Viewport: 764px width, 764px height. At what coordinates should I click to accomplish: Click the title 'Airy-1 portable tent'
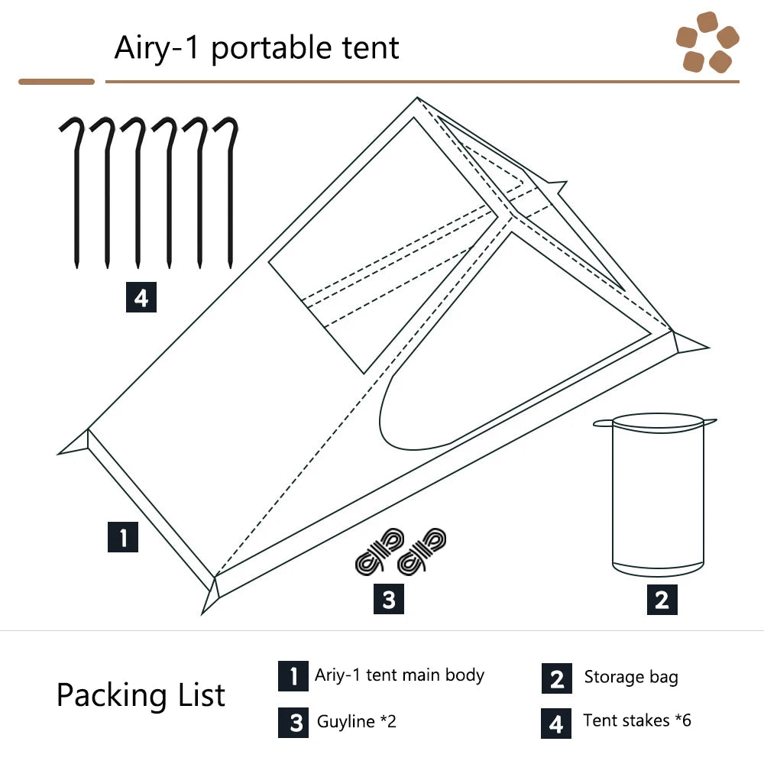click(257, 48)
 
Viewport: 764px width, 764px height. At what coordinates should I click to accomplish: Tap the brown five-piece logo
click(707, 42)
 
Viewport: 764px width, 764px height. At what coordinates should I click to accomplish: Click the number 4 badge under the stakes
click(141, 297)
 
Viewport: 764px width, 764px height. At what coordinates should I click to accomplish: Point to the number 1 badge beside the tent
click(123, 537)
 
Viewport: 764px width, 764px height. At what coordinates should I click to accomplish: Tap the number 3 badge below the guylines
click(389, 599)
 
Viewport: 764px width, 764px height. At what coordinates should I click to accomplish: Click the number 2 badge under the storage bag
click(662, 599)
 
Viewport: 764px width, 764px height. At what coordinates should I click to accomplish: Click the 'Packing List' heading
click(141, 695)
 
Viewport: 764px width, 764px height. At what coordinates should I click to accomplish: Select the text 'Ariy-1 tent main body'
click(400, 675)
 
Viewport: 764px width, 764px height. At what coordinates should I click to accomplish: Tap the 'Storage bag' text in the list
click(631, 677)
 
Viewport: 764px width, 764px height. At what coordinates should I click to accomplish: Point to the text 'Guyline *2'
click(357, 722)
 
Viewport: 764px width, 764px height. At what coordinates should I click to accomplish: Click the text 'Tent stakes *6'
click(637, 720)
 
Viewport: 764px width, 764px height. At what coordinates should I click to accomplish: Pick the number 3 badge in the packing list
click(293, 723)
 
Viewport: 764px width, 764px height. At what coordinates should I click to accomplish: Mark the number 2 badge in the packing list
click(557, 678)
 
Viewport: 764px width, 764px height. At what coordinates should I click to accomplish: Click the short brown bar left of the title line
click(57, 82)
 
